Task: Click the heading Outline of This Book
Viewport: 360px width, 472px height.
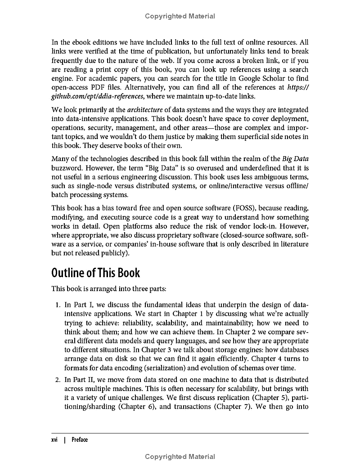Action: (x=96, y=273)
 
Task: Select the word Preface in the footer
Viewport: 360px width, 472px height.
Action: (x=80, y=440)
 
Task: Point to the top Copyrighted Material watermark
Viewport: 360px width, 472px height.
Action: (x=180, y=16)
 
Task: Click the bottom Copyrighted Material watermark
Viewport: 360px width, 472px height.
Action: (x=180, y=457)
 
